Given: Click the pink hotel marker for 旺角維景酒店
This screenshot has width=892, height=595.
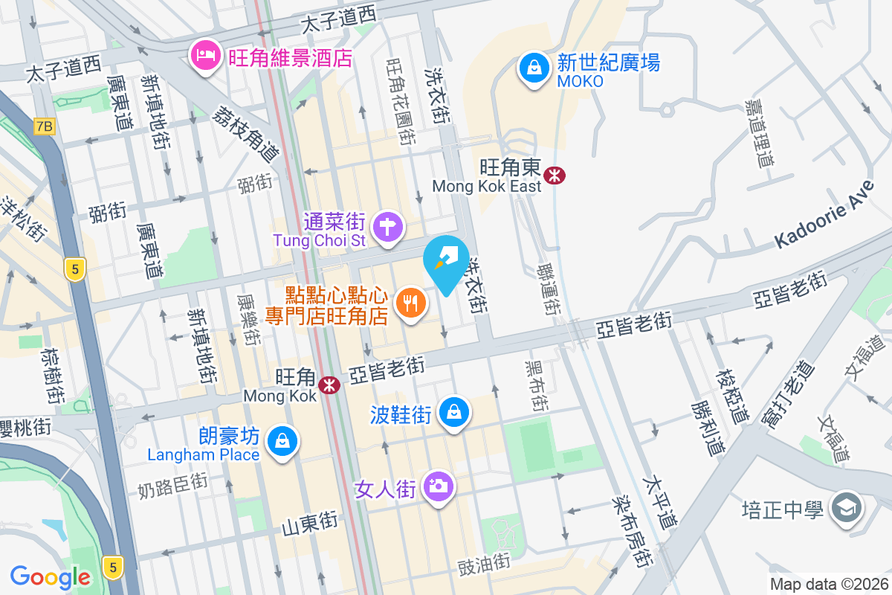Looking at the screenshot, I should tap(204, 57).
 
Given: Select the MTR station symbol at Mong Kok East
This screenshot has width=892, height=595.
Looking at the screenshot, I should tap(554, 176).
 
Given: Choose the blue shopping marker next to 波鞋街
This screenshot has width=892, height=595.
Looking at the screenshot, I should tap(453, 411).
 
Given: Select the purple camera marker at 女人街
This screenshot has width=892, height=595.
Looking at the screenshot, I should tap(439, 486).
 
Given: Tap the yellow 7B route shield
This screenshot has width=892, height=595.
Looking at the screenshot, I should tap(44, 126).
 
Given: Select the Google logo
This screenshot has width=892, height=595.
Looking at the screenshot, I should tap(51, 576).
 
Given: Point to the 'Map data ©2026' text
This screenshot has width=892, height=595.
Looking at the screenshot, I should tap(828, 585).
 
